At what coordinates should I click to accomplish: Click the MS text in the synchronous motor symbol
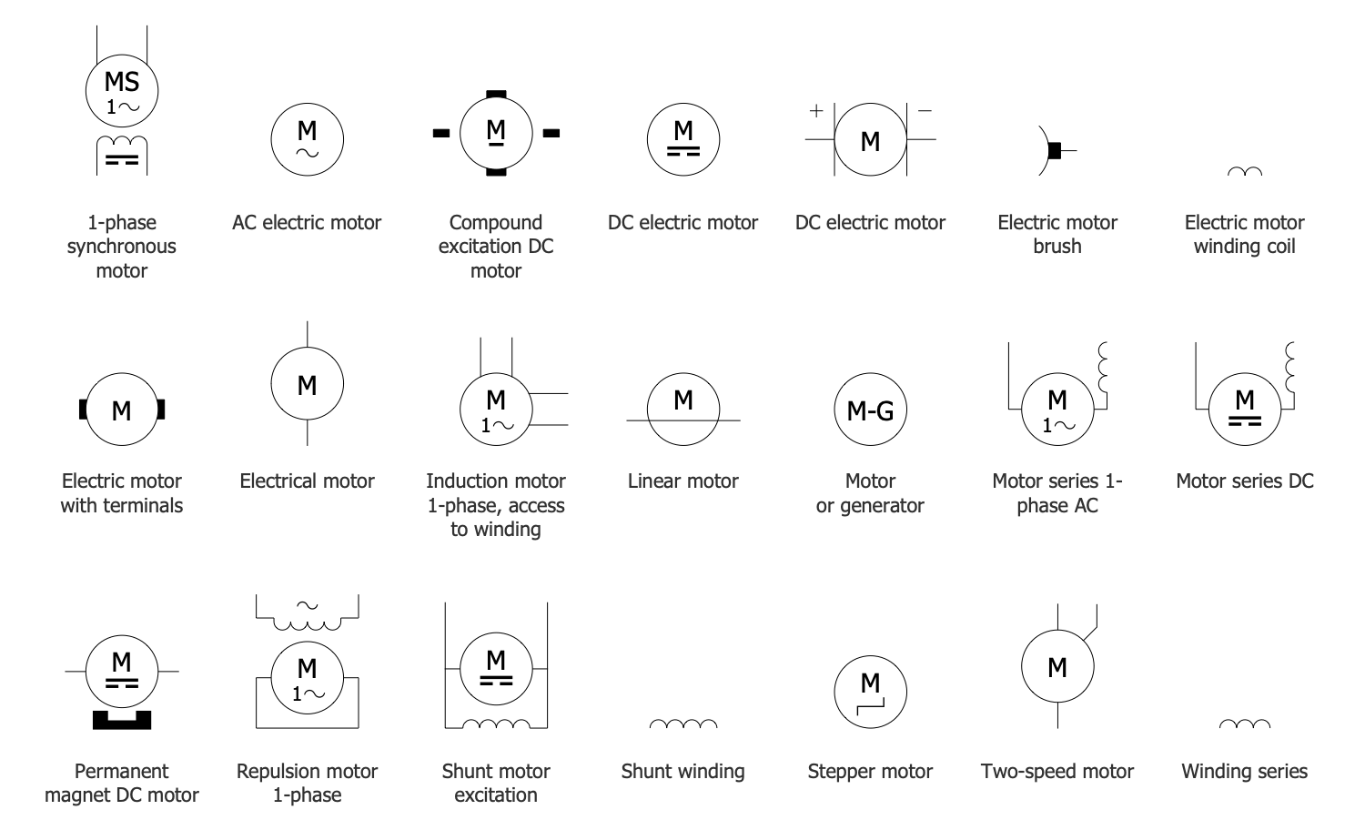[122, 82]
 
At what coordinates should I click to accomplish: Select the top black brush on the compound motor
[496, 94]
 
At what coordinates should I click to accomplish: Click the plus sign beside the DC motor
[816, 110]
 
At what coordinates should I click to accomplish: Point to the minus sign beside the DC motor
[925, 110]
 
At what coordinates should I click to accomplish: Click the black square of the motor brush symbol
[1055, 150]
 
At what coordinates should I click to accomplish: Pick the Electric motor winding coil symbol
[1244, 172]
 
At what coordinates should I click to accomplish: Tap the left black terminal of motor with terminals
[84, 410]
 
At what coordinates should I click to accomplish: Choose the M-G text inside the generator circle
[870, 411]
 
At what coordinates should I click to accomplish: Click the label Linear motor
[682, 481]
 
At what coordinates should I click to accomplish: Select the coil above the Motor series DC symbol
[1289, 365]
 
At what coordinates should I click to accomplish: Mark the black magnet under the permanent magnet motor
[122, 720]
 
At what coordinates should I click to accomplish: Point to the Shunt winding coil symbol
[682, 724]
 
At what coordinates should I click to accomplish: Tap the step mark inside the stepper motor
[870, 703]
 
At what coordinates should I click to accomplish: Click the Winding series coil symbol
[1244, 724]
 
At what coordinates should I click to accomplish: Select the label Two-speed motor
[1057, 772]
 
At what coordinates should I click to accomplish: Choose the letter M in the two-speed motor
[1057, 668]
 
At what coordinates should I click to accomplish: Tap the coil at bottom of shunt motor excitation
[496, 724]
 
